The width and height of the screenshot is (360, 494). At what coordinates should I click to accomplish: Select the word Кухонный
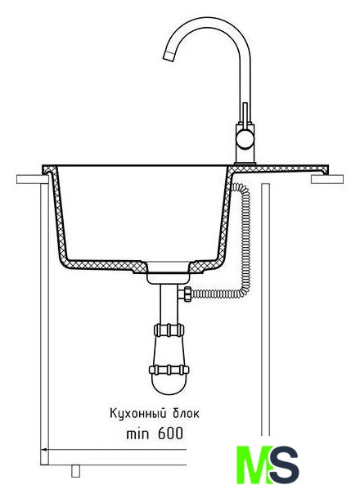click(137, 414)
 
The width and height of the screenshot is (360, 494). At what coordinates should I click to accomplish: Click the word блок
click(187, 413)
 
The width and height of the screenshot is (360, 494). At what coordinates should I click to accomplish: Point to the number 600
click(170, 433)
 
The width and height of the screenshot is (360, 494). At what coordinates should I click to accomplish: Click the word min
click(137, 434)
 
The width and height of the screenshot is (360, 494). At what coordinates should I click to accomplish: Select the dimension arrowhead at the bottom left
click(44, 450)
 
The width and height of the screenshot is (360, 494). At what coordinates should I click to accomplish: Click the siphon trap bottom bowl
click(169, 384)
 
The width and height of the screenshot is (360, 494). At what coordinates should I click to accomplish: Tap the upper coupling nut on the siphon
click(169, 330)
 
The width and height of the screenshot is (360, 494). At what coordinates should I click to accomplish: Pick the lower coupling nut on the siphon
click(169, 370)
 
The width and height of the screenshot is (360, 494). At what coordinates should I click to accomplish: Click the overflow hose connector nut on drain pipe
click(186, 294)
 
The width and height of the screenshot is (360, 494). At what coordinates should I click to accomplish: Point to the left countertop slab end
click(32, 179)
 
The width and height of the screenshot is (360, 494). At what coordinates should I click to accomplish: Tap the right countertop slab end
click(327, 179)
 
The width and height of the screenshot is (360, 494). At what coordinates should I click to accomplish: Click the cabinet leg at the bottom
click(75, 470)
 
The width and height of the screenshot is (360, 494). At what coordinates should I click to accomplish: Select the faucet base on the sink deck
click(245, 164)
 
